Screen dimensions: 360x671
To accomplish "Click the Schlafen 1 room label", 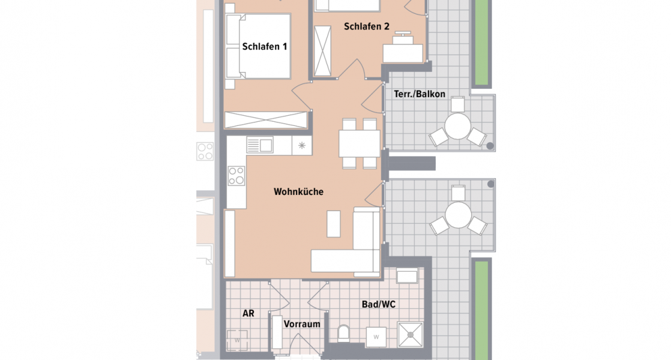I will [263, 46].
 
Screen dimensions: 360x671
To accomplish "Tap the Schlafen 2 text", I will [367, 26].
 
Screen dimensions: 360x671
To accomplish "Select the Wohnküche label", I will [299, 192].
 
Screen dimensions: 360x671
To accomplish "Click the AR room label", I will [248, 313].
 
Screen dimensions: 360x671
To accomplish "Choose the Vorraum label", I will [302, 324].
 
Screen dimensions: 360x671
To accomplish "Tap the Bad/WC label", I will [378, 304].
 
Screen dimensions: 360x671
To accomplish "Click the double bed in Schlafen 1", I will [258, 46].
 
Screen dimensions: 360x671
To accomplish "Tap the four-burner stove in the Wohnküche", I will [236, 175].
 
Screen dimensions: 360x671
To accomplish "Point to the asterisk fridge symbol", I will [302, 145].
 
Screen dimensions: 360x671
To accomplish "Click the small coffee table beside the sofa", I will [333, 224].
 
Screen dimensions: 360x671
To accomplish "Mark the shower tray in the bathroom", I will [411, 335].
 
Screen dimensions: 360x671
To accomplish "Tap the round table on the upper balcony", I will [457, 127].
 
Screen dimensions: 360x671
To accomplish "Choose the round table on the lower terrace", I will [458, 215].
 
